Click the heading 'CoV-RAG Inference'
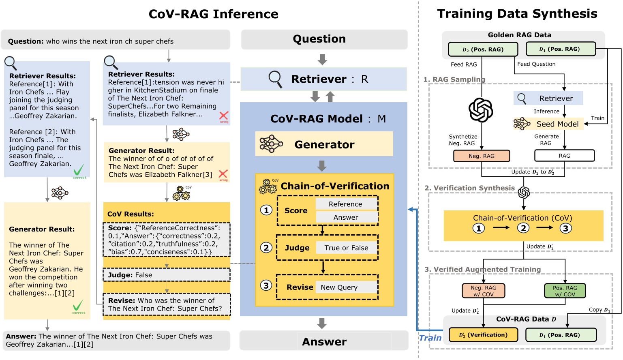point(213,14)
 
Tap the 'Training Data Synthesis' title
point(517,14)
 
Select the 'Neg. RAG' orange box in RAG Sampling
point(482,156)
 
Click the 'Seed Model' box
point(557,124)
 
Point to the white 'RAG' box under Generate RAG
point(564,156)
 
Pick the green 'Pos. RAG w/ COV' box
point(565,291)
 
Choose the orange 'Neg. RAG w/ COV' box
point(483,291)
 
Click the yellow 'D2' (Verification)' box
point(483,335)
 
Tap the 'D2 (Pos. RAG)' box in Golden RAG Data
point(483,49)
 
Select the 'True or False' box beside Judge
point(346,248)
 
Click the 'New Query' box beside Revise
point(346,287)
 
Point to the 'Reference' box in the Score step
point(346,204)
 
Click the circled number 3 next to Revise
point(266,285)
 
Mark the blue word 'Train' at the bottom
point(430,338)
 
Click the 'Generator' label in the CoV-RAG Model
point(324,144)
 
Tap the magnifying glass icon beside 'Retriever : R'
point(275,79)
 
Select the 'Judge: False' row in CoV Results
point(167,275)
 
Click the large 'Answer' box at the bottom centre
point(324,341)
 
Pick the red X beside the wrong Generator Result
point(223,174)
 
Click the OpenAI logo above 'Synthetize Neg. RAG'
point(481,110)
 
